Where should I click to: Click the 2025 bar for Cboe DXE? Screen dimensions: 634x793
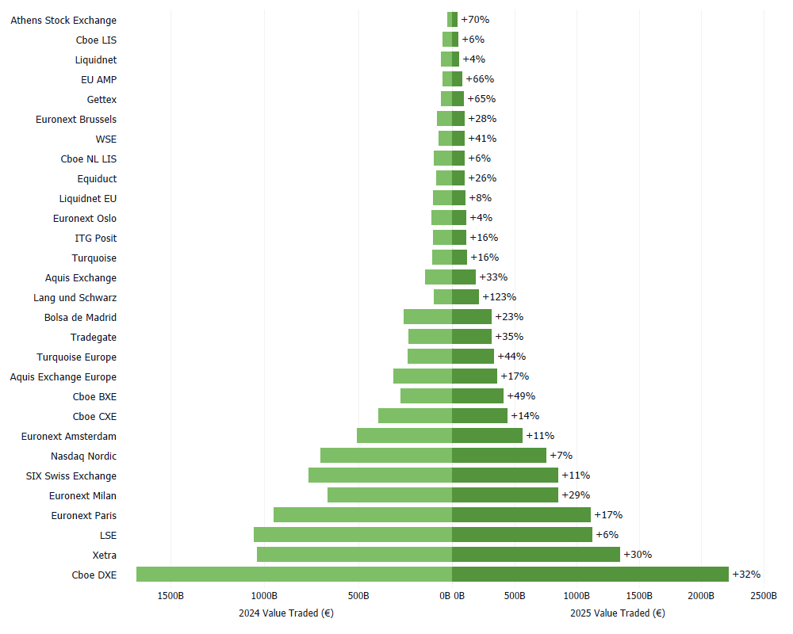tap(590, 575)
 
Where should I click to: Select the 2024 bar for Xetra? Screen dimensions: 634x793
tap(354, 555)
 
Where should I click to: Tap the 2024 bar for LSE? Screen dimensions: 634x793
tap(353, 535)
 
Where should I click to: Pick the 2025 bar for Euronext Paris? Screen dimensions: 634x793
tap(521, 515)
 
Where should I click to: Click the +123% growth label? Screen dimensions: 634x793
tap(499, 297)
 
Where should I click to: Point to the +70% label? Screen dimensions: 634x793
tap(475, 20)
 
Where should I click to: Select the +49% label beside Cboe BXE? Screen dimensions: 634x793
tap(521, 396)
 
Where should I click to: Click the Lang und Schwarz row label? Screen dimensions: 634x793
tap(75, 297)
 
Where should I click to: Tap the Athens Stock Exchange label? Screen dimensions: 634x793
tap(63, 20)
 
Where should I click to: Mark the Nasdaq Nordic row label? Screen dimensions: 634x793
tap(83, 456)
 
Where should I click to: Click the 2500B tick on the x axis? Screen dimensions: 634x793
tap(764, 596)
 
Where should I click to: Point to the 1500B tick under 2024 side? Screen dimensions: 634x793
tap(170, 596)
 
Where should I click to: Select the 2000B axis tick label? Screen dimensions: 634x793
tap(701, 596)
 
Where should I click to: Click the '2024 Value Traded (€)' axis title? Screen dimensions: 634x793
tap(286, 613)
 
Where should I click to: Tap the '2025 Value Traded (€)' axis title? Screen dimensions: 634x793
tap(617, 613)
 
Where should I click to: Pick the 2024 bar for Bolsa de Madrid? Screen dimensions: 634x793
tap(427, 317)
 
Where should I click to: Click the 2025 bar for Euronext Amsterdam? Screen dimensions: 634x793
tap(487, 436)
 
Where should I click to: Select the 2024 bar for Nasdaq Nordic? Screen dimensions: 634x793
tap(386, 456)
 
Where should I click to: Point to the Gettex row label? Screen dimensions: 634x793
tap(102, 99)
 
